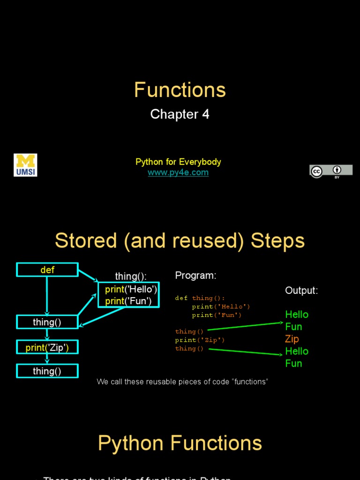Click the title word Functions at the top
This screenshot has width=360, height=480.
[180, 90]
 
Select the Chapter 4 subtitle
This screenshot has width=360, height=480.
[180, 114]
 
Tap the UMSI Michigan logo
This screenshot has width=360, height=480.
[25, 165]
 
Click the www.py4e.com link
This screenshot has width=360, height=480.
[178, 172]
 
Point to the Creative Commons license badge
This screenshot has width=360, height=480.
[330, 171]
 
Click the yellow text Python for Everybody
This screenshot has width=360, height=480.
[178, 162]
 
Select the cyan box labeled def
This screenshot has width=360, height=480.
[47, 270]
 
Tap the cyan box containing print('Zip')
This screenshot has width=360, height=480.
[47, 347]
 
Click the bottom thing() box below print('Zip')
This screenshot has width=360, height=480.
[47, 371]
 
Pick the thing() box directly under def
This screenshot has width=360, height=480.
[47, 322]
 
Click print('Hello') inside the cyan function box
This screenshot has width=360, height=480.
[131, 289]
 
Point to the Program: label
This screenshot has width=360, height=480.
[195, 276]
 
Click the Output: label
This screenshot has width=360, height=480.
[301, 291]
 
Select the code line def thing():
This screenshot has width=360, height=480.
[200, 298]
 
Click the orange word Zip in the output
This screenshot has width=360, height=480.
[292, 339]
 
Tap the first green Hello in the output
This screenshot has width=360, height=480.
[297, 315]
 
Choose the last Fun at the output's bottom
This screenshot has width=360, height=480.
[293, 363]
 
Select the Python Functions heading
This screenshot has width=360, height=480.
[180, 443]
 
